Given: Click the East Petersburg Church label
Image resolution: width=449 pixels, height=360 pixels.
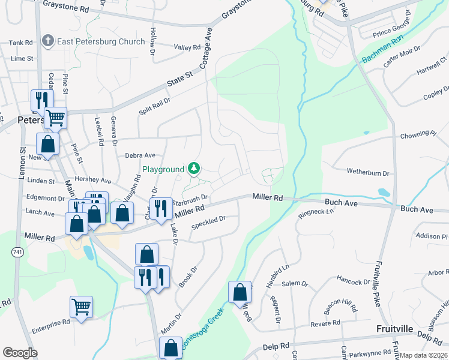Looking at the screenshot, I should click(x=101, y=41).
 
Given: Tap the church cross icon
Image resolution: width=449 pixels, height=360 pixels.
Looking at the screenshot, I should click(x=49, y=41).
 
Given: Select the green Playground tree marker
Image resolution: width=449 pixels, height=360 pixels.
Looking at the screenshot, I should click(x=194, y=169).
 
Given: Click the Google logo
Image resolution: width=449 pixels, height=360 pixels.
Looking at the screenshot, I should click(x=20, y=352).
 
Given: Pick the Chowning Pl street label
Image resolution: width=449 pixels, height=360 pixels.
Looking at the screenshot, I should click(x=418, y=134).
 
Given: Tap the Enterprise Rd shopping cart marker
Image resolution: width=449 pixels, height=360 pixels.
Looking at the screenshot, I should click(x=81, y=307).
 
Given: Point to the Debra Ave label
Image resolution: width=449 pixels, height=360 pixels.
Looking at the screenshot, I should click(x=140, y=155).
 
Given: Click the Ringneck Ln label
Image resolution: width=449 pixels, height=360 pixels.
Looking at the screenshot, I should click(x=316, y=212).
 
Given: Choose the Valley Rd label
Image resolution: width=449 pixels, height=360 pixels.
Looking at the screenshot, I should click(x=187, y=47).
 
